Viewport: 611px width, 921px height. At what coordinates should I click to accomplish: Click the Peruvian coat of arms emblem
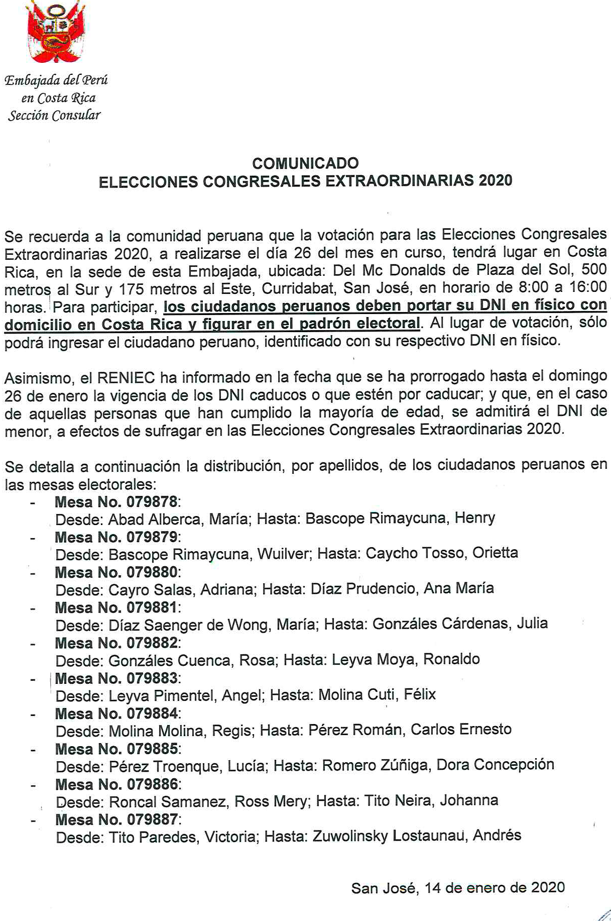pos(55,31)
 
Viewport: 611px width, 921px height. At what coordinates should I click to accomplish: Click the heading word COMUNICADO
pos(305,163)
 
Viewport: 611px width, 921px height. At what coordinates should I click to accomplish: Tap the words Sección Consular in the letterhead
pos(54,116)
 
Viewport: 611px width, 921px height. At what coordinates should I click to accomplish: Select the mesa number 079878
pos(152,502)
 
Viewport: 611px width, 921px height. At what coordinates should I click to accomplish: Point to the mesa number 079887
pos(152,820)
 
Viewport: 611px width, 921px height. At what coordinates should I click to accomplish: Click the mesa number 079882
pos(152,643)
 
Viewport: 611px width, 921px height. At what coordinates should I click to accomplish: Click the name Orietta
pos(495,553)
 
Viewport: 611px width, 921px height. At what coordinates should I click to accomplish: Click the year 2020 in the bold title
pos(495,180)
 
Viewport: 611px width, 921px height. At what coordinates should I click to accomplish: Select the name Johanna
pos(469,800)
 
